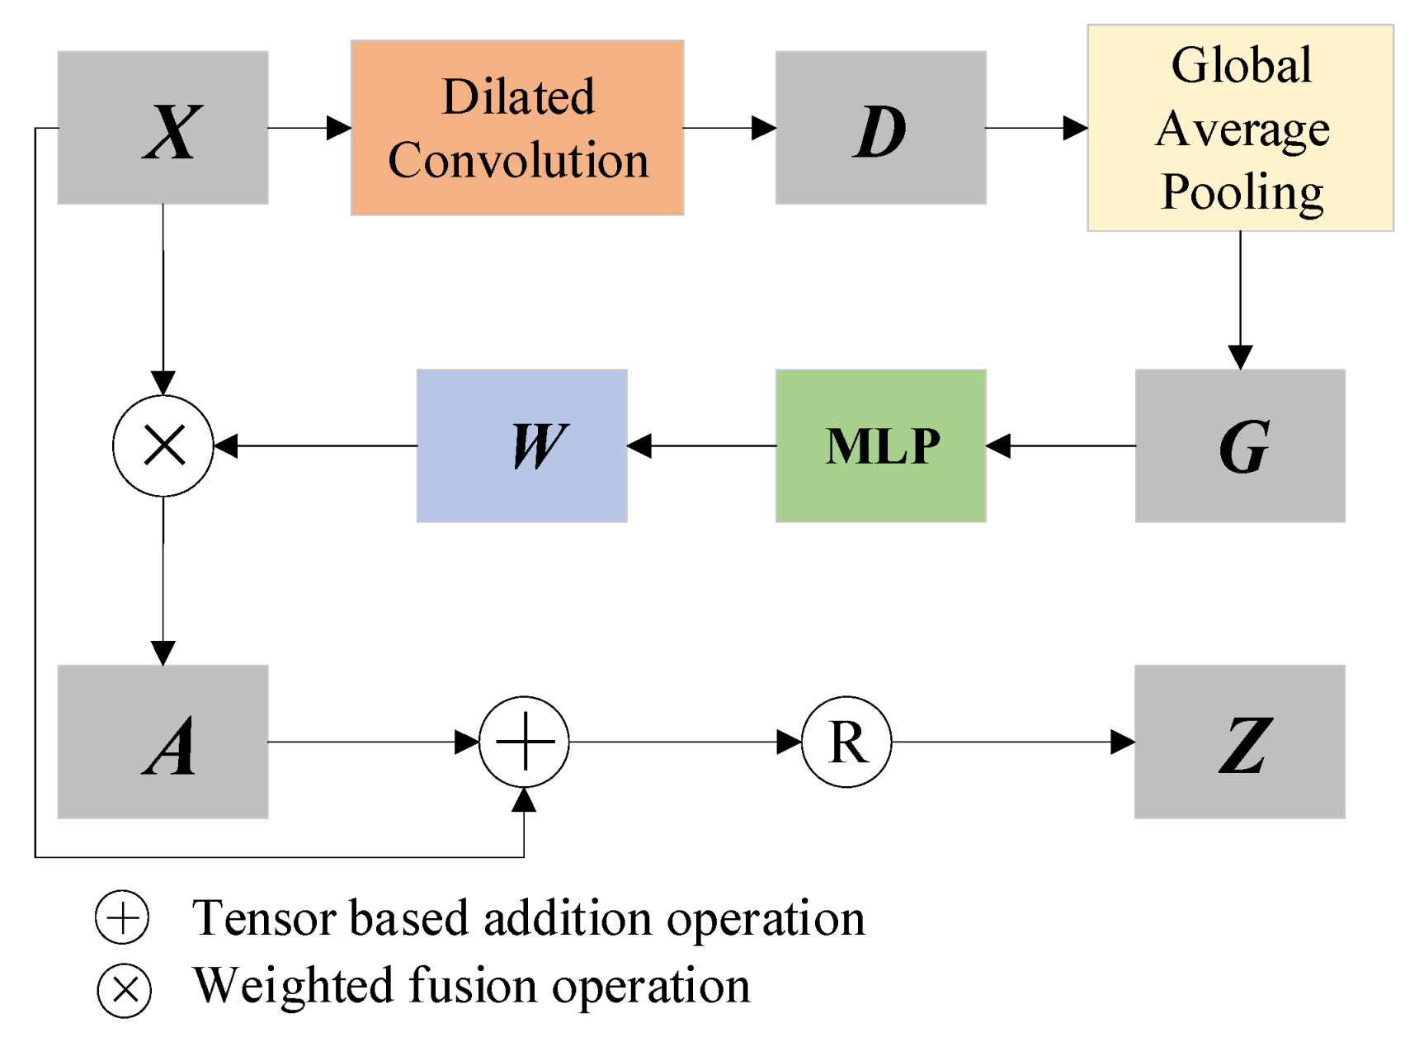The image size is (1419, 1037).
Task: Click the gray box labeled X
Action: (x=163, y=128)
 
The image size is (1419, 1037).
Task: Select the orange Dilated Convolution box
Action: (x=517, y=128)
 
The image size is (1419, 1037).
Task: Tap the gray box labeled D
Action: (x=880, y=128)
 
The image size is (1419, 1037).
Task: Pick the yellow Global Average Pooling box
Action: (x=1240, y=128)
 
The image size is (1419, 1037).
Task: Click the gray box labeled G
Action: (x=1240, y=445)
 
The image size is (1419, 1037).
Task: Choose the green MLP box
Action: (x=880, y=445)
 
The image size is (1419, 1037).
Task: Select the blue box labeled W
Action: (x=521, y=445)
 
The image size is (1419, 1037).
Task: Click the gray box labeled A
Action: (x=163, y=742)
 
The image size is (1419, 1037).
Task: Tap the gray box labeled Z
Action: (x=1240, y=742)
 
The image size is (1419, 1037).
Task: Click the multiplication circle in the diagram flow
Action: (x=163, y=445)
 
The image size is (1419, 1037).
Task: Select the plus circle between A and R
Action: (x=524, y=742)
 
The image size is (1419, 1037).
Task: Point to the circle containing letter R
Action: (x=846, y=742)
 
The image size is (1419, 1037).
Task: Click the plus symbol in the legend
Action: (x=122, y=917)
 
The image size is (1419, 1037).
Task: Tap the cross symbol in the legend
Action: (x=125, y=989)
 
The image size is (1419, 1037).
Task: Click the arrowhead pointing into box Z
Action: (x=1123, y=742)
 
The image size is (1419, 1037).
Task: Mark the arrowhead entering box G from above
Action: (x=1240, y=357)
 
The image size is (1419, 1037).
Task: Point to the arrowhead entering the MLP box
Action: (x=998, y=445)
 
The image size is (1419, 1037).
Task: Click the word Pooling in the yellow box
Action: (x=1242, y=193)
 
